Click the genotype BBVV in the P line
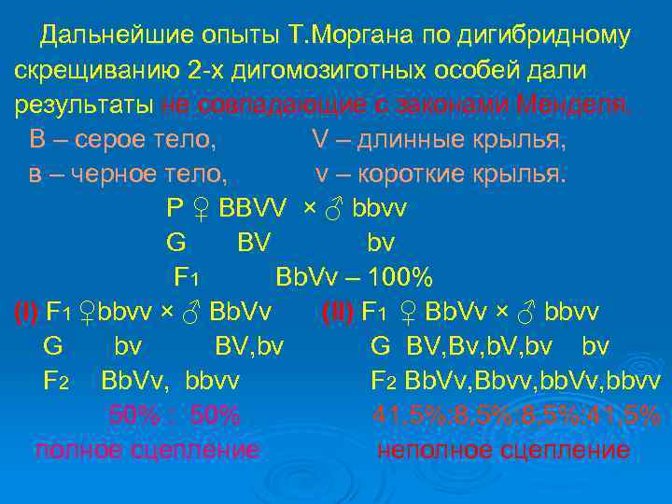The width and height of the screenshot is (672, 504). (x=252, y=208)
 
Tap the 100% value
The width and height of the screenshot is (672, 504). (x=400, y=277)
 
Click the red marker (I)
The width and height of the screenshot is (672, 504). (x=26, y=312)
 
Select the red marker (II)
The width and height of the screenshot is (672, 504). (x=338, y=312)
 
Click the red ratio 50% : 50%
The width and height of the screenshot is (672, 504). (x=175, y=415)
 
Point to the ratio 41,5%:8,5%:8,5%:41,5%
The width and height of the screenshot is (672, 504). (x=515, y=415)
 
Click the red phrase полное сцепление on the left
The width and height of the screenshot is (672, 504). (x=147, y=450)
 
